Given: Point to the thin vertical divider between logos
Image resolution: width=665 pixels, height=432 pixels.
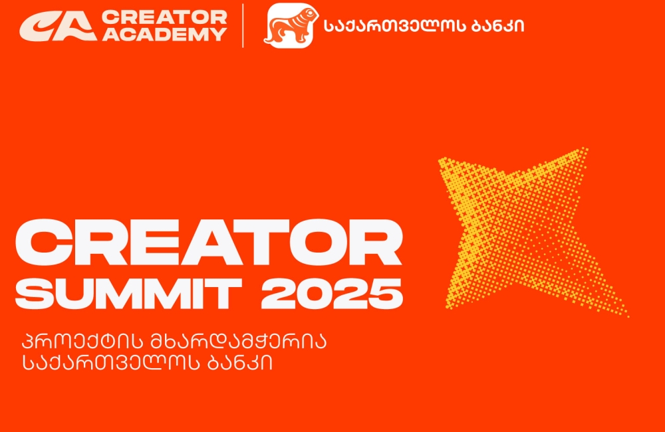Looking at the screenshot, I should (243, 25).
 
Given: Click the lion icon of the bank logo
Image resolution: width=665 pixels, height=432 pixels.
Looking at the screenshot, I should (289, 26).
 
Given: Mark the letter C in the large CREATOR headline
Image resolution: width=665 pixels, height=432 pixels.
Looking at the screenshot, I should (43, 245).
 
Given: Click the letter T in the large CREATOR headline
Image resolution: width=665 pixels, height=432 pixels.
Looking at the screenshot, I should (261, 245).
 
